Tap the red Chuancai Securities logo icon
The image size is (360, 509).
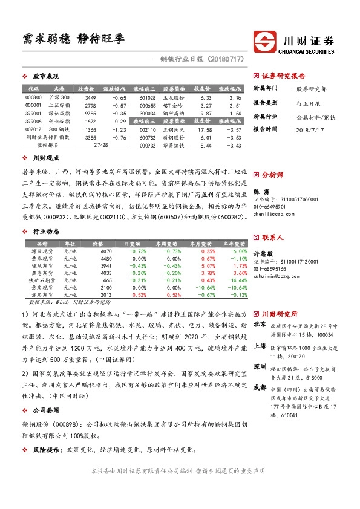(266, 42)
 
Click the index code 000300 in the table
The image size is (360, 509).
(33, 97)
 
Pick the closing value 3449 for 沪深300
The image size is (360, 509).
(90, 97)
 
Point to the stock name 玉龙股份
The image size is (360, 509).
(173, 97)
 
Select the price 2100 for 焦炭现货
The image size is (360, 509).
(107, 288)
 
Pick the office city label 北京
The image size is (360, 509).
(260, 324)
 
